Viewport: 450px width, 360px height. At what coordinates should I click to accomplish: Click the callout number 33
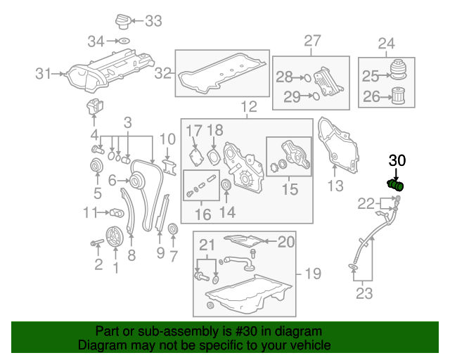[x=152, y=21]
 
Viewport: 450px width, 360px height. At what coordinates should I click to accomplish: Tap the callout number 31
[x=44, y=72]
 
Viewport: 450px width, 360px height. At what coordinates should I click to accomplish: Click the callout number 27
[x=312, y=41]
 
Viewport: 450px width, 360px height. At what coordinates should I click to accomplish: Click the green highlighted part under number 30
[x=396, y=186]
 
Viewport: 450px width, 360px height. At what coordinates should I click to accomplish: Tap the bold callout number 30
[x=397, y=161]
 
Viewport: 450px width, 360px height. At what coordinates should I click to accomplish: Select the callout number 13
[x=335, y=186]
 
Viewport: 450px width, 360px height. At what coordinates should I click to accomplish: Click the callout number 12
[x=249, y=108]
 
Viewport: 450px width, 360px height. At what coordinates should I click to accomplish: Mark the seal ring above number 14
[x=226, y=186]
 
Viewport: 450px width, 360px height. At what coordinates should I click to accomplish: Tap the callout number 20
[x=285, y=242]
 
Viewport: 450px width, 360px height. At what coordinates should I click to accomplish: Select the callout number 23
[x=364, y=294]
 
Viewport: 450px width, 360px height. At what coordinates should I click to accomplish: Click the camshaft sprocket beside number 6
[x=134, y=181]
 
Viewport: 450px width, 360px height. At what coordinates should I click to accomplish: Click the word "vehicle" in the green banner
[x=308, y=346]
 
